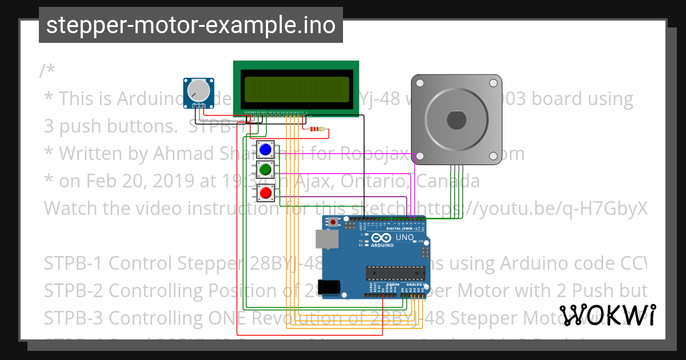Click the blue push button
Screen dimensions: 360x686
tap(265, 150)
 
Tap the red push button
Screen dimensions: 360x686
tap(265, 193)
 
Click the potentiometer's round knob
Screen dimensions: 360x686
tap(198, 90)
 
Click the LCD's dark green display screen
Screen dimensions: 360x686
tap(296, 90)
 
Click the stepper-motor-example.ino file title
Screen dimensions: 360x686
tap(191, 26)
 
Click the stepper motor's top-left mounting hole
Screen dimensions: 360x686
tap(420, 83)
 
